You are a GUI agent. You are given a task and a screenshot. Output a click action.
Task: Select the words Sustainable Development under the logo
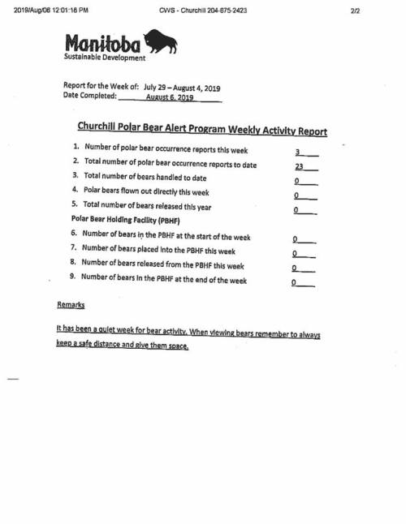pos(105,58)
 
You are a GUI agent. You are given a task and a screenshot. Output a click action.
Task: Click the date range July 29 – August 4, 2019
pos(182,86)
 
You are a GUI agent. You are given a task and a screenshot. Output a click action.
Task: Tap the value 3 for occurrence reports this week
pos(299,152)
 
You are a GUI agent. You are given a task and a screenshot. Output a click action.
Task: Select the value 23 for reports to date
pos(299,165)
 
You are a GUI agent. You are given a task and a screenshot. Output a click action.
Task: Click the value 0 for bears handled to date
pos(298,181)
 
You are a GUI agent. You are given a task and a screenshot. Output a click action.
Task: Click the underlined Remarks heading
pos(71,305)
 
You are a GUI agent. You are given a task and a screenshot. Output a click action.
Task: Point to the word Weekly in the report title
pos(231,130)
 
